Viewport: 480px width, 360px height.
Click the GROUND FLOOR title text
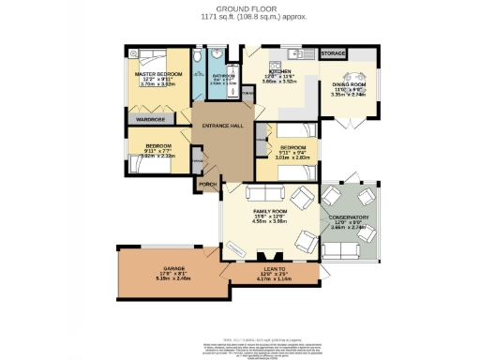coord(240,9)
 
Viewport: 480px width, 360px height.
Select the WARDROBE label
coord(150,120)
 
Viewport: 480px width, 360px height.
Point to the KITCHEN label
coord(280,71)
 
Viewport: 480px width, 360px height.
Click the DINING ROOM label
coord(350,84)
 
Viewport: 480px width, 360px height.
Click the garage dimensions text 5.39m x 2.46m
coord(172,278)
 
